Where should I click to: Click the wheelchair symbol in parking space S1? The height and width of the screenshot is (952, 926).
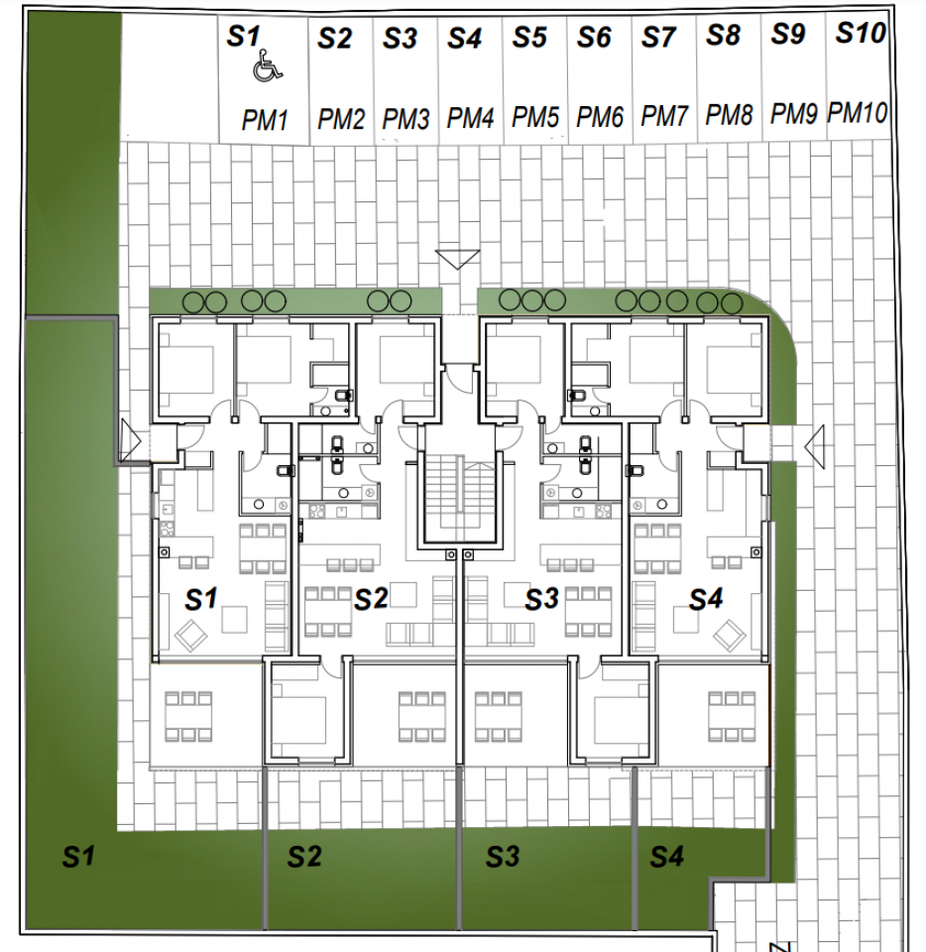pos(266,68)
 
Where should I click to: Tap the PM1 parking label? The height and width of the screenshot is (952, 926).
pos(265,121)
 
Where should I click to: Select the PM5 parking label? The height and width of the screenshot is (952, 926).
pos(535,118)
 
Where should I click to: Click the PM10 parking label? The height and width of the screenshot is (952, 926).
pos(858,113)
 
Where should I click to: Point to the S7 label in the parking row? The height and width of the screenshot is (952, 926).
pos(658,38)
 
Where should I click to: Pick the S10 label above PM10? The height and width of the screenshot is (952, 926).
pos(860,33)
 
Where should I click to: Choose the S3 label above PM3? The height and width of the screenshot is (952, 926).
pos(400,39)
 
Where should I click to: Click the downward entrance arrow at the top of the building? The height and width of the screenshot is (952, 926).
pos(457,260)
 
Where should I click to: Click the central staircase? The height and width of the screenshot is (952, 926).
pos(457,492)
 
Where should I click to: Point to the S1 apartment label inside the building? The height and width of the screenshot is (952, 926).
pos(201,599)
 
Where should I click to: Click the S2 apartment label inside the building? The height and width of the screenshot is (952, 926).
pos(371,599)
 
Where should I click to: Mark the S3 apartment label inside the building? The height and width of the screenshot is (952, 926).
pos(542,599)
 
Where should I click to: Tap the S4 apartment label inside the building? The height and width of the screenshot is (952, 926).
pos(706,599)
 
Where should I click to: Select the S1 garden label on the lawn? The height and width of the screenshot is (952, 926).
pos(78,856)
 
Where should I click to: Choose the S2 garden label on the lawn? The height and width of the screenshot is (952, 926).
pos(304,856)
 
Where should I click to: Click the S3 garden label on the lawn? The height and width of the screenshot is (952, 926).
pos(503,856)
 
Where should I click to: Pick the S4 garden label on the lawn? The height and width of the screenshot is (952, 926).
pos(667,856)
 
